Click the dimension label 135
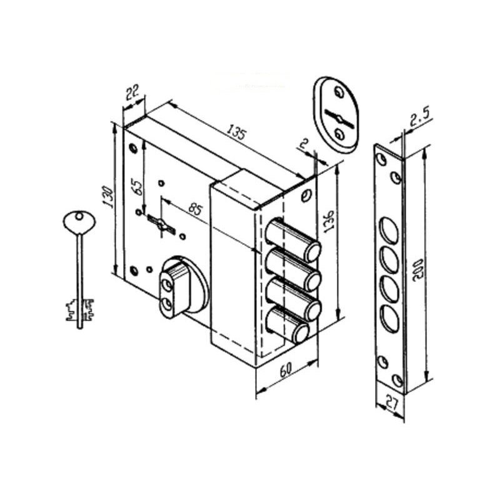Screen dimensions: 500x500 pos(236,132)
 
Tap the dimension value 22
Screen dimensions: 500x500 pos(132,92)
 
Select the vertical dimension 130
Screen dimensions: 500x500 pos(108,197)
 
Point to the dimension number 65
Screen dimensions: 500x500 pos(136,188)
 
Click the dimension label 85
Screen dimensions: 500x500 pos(194,209)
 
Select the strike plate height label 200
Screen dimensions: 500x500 pos(417,270)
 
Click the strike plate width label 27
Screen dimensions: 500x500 pos(391,402)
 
